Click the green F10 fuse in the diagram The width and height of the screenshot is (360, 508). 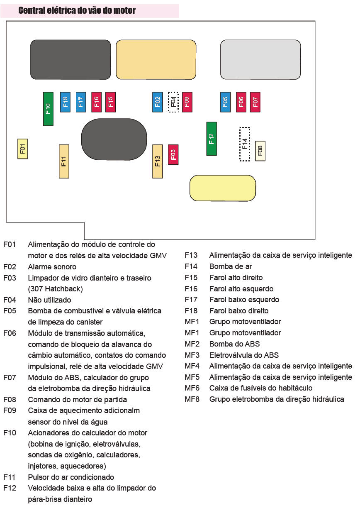coord(48,109)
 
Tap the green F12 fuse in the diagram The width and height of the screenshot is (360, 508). coord(212,139)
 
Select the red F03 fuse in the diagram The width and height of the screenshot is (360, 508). coord(173,154)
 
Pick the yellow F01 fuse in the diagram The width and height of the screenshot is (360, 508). coord(23,149)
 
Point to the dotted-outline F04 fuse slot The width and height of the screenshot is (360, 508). coord(173,102)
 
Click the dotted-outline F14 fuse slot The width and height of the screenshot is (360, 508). coord(245,144)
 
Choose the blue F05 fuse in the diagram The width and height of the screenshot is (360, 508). coord(225,102)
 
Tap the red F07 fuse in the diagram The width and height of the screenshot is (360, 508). coord(255,102)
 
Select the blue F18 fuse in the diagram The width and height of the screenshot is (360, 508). coord(65,102)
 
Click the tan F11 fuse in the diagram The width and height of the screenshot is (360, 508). coord(64,161)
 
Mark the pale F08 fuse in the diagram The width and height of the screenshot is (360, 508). coord(260,151)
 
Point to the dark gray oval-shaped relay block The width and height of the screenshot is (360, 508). coord(114,139)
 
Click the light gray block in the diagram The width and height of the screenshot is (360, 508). coord(260,59)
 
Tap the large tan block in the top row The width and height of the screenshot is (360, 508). coord(156,59)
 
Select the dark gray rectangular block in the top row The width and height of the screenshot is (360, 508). coord(71,59)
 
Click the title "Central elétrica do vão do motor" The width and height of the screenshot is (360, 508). coord(77,10)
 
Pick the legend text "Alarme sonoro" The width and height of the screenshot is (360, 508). coord(52,266)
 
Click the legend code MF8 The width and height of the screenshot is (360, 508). coord(192,399)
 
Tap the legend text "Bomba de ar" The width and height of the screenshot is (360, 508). coord(231,266)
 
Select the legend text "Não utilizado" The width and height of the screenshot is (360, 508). coord(49,300)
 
